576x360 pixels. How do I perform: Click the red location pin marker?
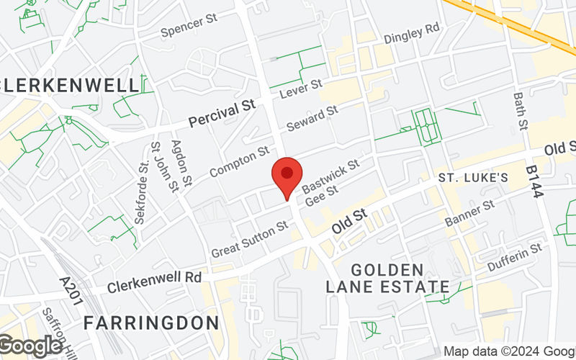(x=287, y=174)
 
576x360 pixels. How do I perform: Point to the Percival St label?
(x=222, y=112)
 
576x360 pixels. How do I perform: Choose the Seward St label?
(x=312, y=117)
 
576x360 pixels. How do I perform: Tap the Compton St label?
(x=238, y=162)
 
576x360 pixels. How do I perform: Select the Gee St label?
(x=321, y=195)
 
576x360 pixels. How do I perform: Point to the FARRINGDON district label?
(x=150, y=323)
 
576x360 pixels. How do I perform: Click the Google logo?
(x=30, y=346)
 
